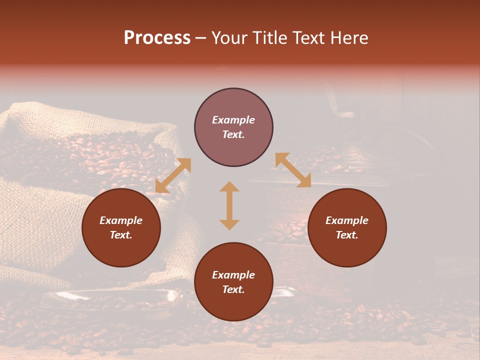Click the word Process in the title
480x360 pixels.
coord(157,38)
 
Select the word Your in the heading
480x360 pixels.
coord(228,38)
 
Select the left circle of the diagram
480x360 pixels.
coord(121,250)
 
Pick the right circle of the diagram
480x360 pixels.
coord(347,250)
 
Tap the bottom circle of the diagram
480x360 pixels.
coord(233,304)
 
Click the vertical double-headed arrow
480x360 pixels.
coord(229,205)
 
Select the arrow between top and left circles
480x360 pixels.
coord(173,175)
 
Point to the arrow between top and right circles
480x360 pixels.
coord(293,170)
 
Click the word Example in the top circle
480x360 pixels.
coord(233,120)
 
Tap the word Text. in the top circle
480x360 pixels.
coord(233,134)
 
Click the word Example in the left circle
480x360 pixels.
coord(121,220)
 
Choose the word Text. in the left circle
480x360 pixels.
coord(121,235)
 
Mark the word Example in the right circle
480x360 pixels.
coord(347,220)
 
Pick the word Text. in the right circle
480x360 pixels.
coord(347,235)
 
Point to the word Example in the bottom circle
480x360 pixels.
coord(233,275)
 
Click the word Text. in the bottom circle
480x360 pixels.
coord(233,289)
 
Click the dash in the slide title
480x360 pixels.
coord(201,38)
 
